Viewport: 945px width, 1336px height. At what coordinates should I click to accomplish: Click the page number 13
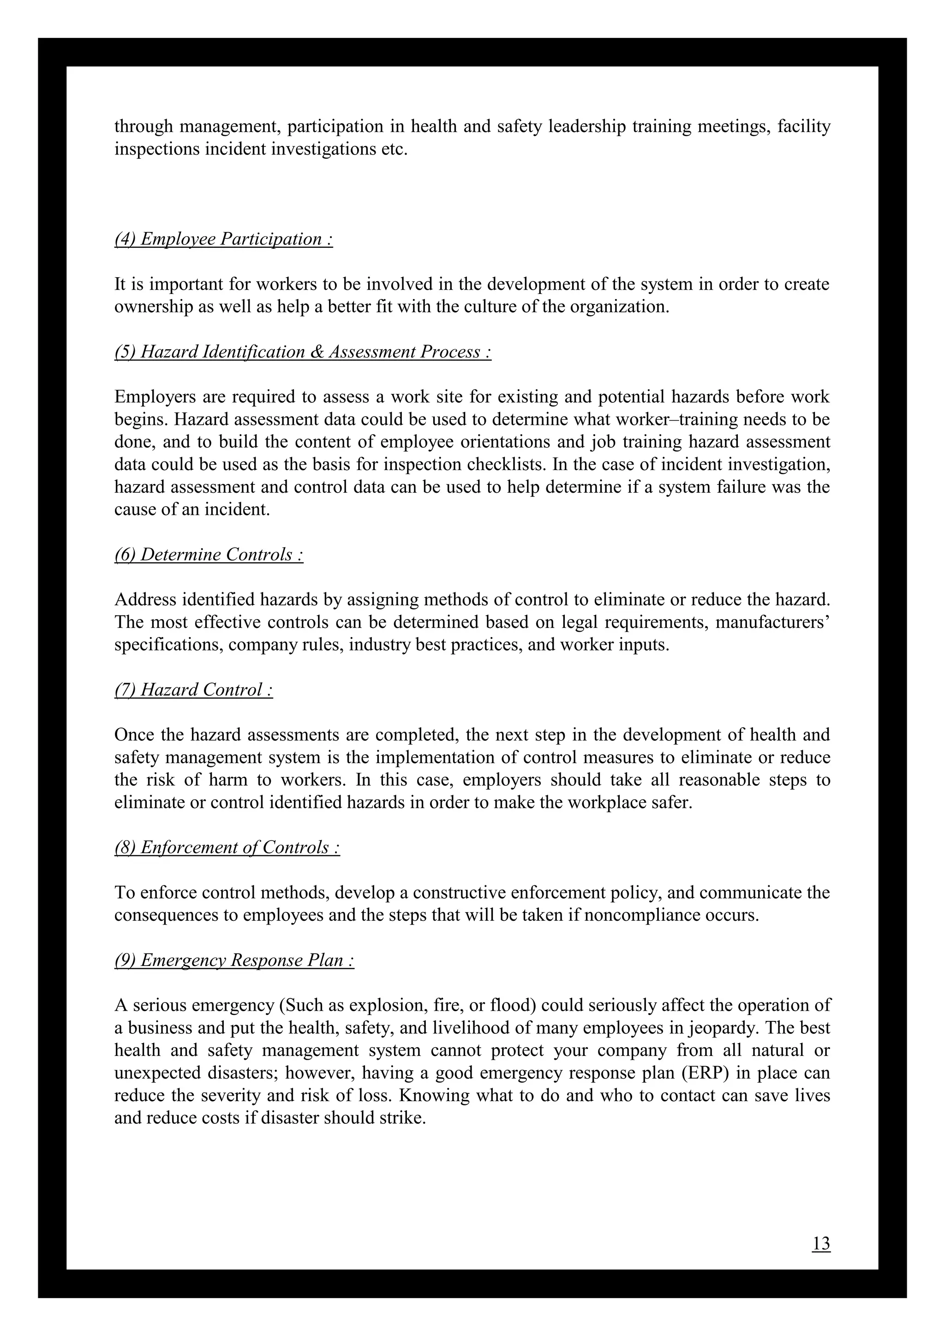[821, 1243]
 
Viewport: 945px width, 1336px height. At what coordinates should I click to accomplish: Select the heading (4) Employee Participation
[223, 239]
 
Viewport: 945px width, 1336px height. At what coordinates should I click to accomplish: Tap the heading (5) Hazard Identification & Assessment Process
[303, 352]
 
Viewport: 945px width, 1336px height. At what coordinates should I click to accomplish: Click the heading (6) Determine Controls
[209, 555]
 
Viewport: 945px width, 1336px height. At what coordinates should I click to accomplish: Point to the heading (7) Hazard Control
[194, 690]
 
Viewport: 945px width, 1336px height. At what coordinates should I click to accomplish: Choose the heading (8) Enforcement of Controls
[227, 848]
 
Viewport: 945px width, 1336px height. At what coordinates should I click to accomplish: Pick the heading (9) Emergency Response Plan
[234, 960]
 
